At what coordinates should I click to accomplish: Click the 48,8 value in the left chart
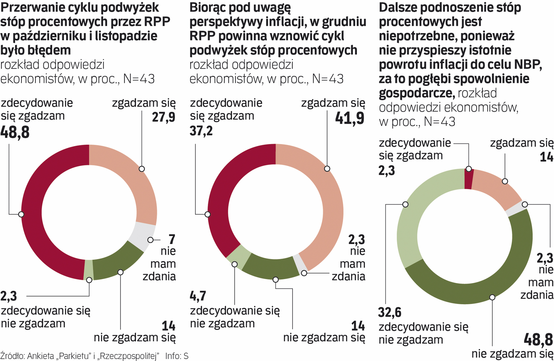(15, 132)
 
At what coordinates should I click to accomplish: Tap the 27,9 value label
(164, 117)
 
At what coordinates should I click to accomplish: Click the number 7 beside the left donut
(172, 239)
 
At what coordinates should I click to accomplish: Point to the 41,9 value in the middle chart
(350, 118)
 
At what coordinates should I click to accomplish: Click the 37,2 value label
(201, 131)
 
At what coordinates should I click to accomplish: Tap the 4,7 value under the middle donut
(198, 296)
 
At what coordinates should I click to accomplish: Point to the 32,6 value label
(390, 313)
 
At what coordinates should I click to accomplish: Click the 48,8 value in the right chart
(538, 340)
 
